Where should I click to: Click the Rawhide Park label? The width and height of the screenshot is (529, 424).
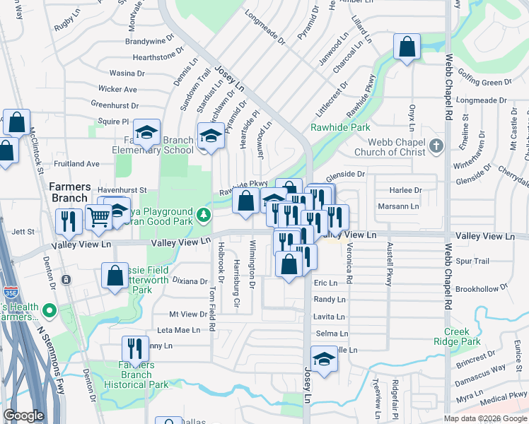click(x=330, y=128)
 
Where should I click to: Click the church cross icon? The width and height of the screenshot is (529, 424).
click(x=436, y=146)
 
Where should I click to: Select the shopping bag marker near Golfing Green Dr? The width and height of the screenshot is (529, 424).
click(x=407, y=48)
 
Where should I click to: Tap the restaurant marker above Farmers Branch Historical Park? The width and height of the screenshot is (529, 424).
click(x=134, y=350)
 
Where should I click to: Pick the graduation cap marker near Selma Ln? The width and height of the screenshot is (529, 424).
click(x=324, y=359)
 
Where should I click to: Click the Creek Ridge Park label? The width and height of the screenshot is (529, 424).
click(x=462, y=336)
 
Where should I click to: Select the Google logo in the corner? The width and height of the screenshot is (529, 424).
click(x=24, y=416)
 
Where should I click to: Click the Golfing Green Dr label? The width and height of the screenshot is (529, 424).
click(x=487, y=83)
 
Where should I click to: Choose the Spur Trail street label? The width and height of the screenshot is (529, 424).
click(x=472, y=261)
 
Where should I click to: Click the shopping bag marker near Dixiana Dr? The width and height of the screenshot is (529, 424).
click(x=115, y=276)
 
